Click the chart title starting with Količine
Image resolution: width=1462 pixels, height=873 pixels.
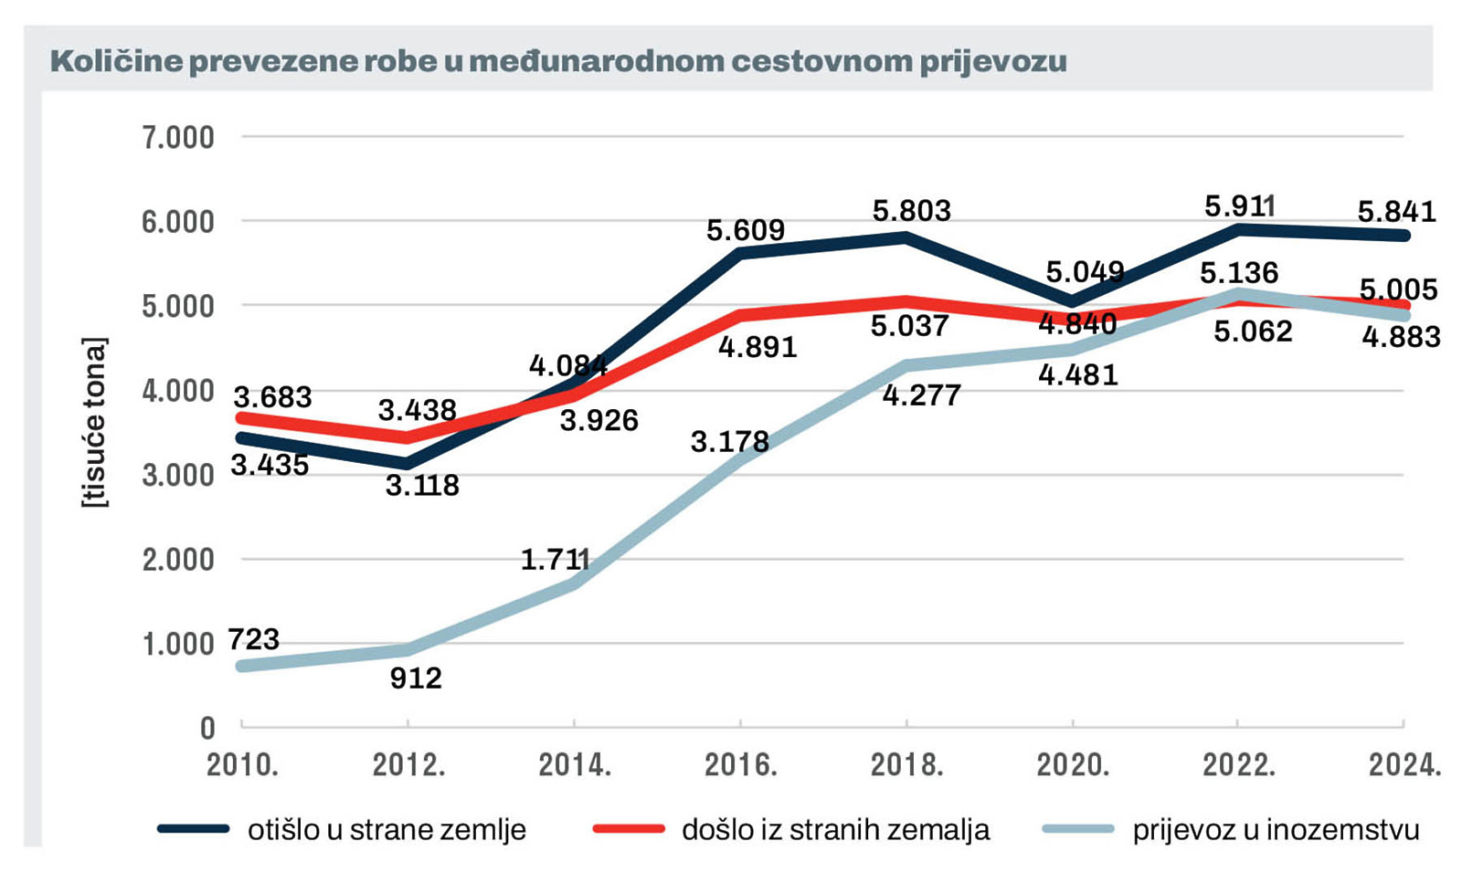pyautogui.click(x=557, y=62)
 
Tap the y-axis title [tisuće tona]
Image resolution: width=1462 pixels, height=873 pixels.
pyautogui.click(x=94, y=422)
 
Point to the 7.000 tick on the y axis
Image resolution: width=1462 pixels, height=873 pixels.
pyautogui.click(x=178, y=138)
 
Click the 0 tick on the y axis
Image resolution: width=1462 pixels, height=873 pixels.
pyautogui.click(x=207, y=728)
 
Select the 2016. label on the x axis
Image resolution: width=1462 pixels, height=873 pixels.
pyautogui.click(x=740, y=764)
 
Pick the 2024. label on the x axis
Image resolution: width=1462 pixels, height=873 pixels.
pyautogui.click(x=1404, y=764)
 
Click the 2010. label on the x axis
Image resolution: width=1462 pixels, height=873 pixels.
pyautogui.click(x=242, y=764)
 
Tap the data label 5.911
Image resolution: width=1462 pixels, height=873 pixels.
pyautogui.click(x=1239, y=206)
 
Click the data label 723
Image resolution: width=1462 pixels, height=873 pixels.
pyautogui.click(x=253, y=639)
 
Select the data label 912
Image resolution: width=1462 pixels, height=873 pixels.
pyautogui.click(x=415, y=678)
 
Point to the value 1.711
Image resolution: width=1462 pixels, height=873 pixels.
pyautogui.click(x=555, y=559)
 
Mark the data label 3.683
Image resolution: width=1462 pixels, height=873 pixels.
pyautogui.click(x=272, y=397)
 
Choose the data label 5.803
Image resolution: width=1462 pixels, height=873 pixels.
pyautogui.click(x=911, y=211)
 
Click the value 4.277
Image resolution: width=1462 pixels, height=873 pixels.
pyautogui.click(x=921, y=395)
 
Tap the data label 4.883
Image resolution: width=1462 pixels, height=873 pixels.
pyautogui.click(x=1401, y=337)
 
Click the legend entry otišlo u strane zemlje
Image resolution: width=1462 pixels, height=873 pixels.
pyautogui.click(x=387, y=830)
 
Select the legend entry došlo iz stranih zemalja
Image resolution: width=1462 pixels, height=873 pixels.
pyautogui.click(x=835, y=830)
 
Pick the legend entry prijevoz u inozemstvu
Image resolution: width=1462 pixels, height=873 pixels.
pyautogui.click(x=1276, y=830)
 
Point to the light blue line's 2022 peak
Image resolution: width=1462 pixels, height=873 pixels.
pyautogui.click(x=1238, y=294)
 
